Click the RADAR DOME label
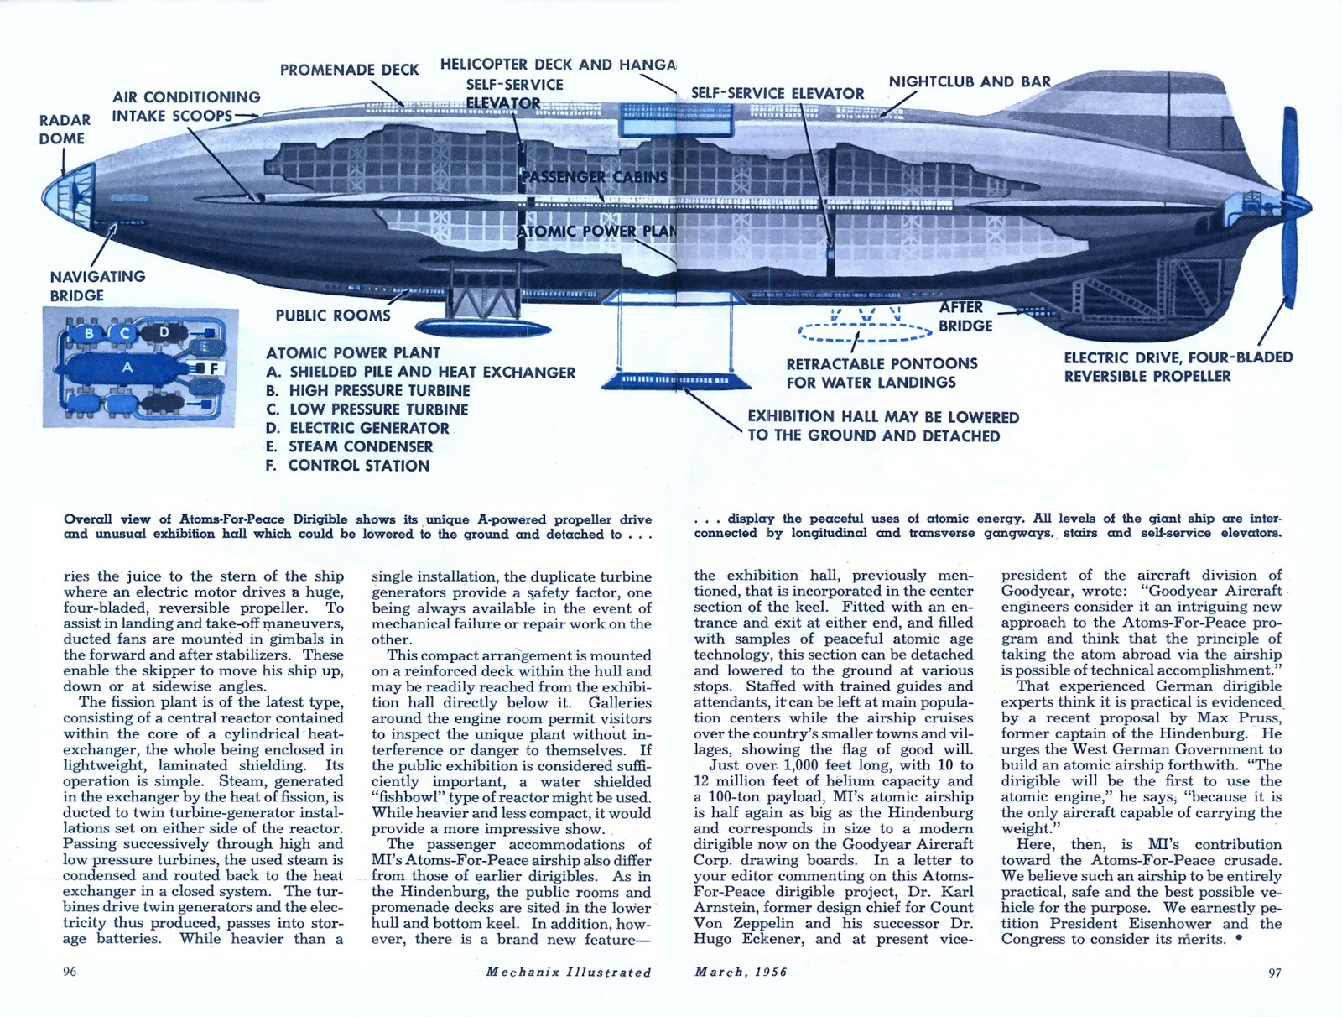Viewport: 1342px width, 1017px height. click(65, 129)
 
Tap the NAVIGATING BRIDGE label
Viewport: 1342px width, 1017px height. click(97, 285)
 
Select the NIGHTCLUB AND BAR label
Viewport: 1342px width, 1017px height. click(970, 81)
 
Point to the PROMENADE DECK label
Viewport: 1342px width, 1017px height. click(349, 70)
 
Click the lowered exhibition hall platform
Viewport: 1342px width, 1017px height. click(676, 380)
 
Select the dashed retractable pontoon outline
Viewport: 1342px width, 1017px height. click(865, 333)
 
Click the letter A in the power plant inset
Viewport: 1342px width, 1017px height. click(127, 367)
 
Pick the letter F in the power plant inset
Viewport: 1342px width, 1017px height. click(214, 368)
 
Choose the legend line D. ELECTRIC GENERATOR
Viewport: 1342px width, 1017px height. click(357, 428)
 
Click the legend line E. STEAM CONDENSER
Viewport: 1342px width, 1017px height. click(349, 446)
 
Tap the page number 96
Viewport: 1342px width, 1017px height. click(70, 972)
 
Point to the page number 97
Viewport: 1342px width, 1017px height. click(1274, 973)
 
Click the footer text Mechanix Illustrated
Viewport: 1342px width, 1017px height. click(568, 972)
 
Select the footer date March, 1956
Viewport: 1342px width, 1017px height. click(741, 972)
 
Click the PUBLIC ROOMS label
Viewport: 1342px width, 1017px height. click(333, 316)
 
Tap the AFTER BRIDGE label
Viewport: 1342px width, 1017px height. click(965, 316)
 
